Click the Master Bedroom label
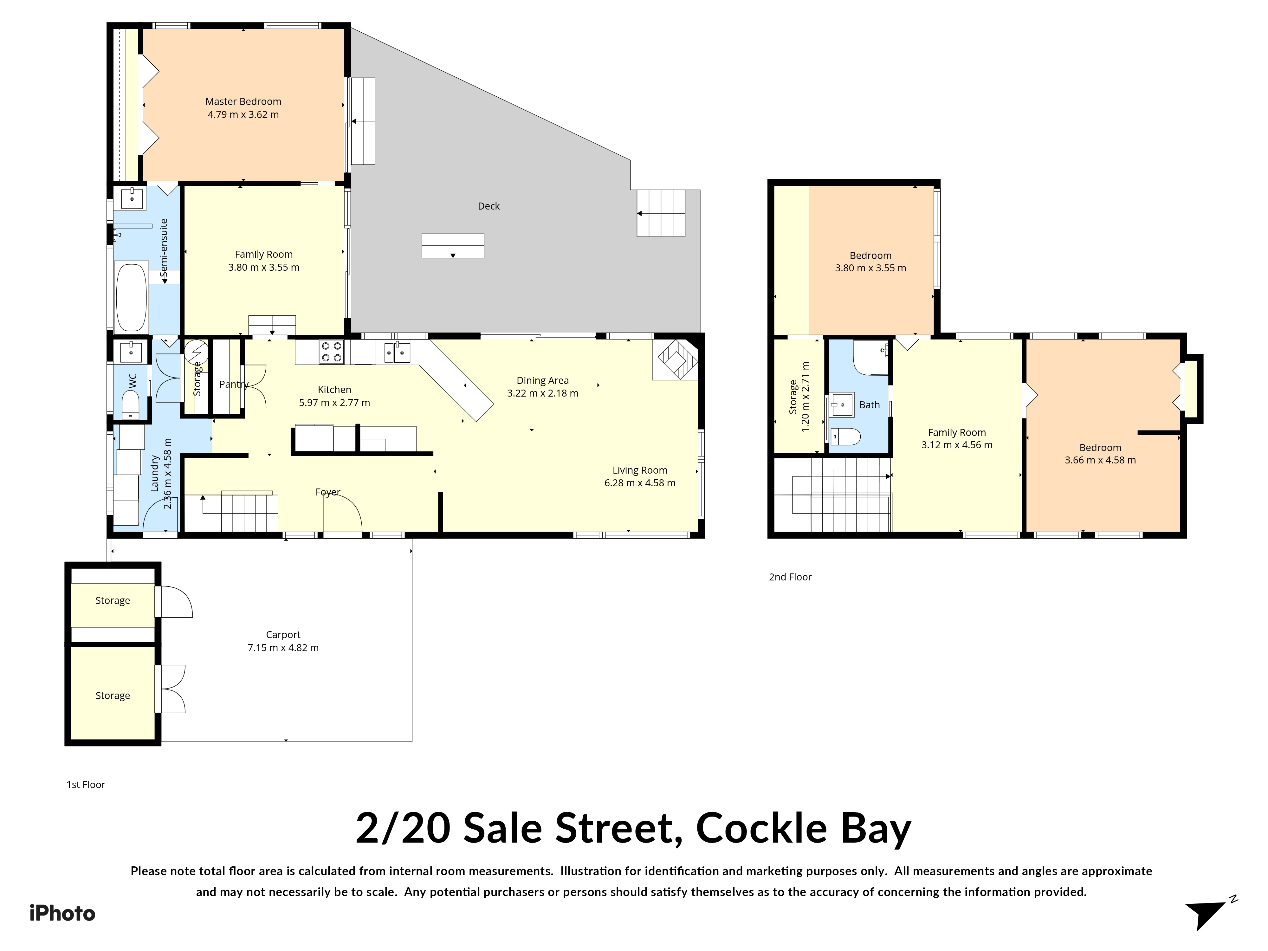243,101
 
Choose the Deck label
488,206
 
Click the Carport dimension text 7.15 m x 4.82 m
283,647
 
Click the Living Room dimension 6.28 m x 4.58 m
640,483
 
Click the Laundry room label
154,474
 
